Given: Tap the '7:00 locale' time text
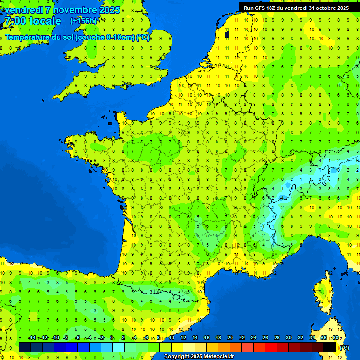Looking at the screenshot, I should coord(32,21).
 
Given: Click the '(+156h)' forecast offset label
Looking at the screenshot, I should coord(83,21).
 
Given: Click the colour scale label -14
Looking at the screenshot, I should coord(32,337).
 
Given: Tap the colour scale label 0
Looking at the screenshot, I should coord(112,337).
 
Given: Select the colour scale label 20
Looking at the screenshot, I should coord(230,337).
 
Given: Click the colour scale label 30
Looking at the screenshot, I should coord(289,337).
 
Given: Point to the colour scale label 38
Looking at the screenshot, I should coord(336,337).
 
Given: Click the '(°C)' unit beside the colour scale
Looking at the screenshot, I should coord(344,348).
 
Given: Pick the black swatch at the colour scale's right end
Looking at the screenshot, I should coord(330,347).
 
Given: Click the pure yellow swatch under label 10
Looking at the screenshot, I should coord(177,347).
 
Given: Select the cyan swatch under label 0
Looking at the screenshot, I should coord(119,347).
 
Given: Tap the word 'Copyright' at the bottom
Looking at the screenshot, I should coord(177,357).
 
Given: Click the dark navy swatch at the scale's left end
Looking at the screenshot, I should coord(25,347).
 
